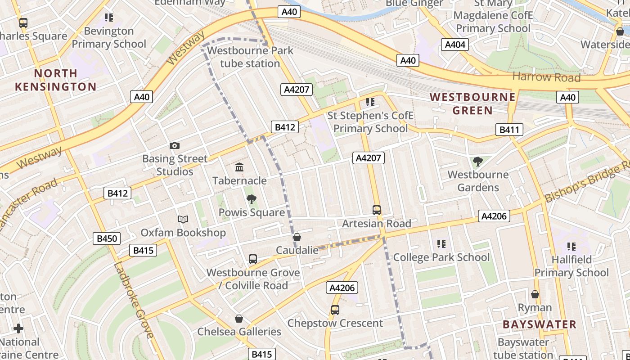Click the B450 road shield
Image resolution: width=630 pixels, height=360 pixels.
[x=107, y=238]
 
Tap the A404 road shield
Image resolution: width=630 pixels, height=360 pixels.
[x=455, y=45]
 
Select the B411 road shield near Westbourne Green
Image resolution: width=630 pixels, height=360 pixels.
[x=509, y=130]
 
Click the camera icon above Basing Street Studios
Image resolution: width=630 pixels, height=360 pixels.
[x=175, y=145]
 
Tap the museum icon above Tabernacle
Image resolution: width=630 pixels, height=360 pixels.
[x=239, y=167]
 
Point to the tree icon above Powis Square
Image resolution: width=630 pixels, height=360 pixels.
[x=251, y=199]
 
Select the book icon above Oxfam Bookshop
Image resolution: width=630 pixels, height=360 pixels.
[x=183, y=220]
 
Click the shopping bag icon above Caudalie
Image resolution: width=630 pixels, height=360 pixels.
[x=297, y=237]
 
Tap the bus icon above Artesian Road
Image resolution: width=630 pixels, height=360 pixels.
[x=377, y=210]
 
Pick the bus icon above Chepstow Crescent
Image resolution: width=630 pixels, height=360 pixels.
[x=335, y=310]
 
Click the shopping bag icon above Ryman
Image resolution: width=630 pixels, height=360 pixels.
[x=535, y=294]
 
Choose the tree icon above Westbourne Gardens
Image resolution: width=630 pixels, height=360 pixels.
[x=478, y=162]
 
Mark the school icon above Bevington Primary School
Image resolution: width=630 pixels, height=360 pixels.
[x=109, y=18]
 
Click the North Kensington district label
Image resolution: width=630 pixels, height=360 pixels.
[x=56, y=80]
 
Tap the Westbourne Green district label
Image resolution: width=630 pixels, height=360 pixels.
[x=472, y=103]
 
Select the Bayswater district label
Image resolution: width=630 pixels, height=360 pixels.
[x=539, y=324]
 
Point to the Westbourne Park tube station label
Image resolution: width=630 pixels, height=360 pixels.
[x=250, y=57]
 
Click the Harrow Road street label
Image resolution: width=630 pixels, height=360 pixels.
[x=546, y=77]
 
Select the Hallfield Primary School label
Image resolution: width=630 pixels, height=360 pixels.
[x=571, y=266]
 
